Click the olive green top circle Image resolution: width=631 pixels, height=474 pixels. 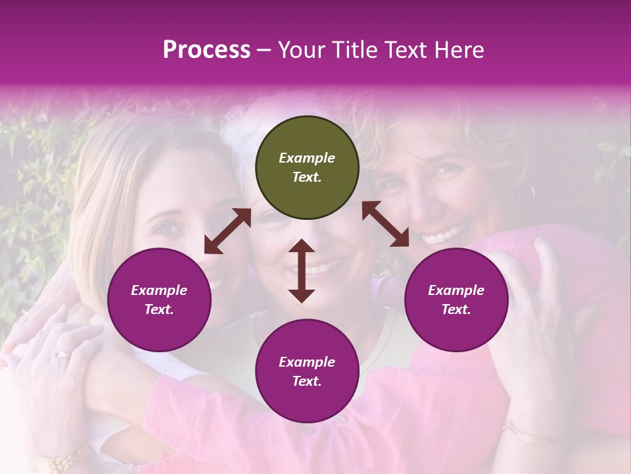tap(307, 167)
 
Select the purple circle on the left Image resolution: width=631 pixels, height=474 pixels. tap(159, 300)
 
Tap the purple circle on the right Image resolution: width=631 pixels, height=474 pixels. tap(456, 300)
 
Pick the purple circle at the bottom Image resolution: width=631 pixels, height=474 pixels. tap(307, 371)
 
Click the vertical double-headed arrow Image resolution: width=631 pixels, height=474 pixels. tap(302, 271)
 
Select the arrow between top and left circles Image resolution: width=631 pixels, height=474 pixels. tap(227, 231)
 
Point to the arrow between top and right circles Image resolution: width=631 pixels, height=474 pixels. tap(385, 224)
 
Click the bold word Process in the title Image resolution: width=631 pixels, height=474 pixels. tap(206, 49)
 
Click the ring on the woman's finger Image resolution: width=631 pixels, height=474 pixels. tap(59, 354)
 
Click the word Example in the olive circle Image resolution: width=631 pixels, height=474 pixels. tap(307, 158)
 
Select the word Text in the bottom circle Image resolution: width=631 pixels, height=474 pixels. tap(306, 381)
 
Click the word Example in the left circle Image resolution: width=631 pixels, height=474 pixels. tap(159, 290)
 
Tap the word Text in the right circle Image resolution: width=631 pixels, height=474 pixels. tap(455, 309)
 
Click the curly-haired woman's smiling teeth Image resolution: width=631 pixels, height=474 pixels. tap(447, 234)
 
